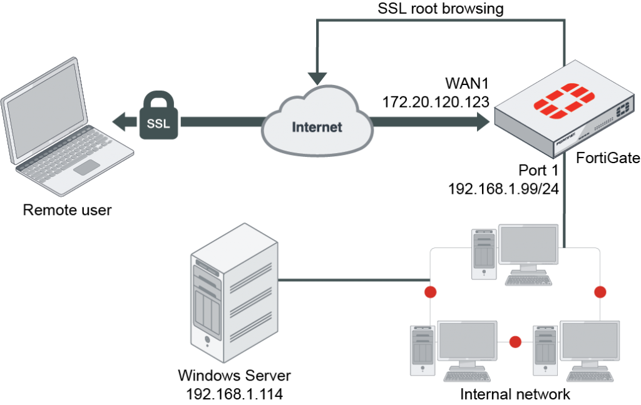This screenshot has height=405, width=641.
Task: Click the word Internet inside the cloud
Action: pos(317,127)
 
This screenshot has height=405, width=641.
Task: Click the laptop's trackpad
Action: pos(86,167)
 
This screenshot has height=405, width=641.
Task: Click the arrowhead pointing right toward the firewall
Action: pos(483,122)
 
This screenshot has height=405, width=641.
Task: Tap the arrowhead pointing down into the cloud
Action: pos(317,78)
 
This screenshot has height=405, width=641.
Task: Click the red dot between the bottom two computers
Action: pos(515,342)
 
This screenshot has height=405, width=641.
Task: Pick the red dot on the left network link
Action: pos(430,292)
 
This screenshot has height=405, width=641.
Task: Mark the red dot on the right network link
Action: pos(600,292)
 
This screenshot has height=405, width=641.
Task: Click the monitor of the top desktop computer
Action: pos(528,245)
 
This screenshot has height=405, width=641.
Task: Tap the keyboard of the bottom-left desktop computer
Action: pos(466,376)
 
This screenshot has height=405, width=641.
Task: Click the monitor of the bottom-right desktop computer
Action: pos(589,341)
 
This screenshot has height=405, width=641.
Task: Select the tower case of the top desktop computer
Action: pos(485,254)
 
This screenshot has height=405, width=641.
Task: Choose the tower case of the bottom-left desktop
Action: pos(423,350)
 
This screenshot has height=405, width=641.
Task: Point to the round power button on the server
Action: pos(207,341)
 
